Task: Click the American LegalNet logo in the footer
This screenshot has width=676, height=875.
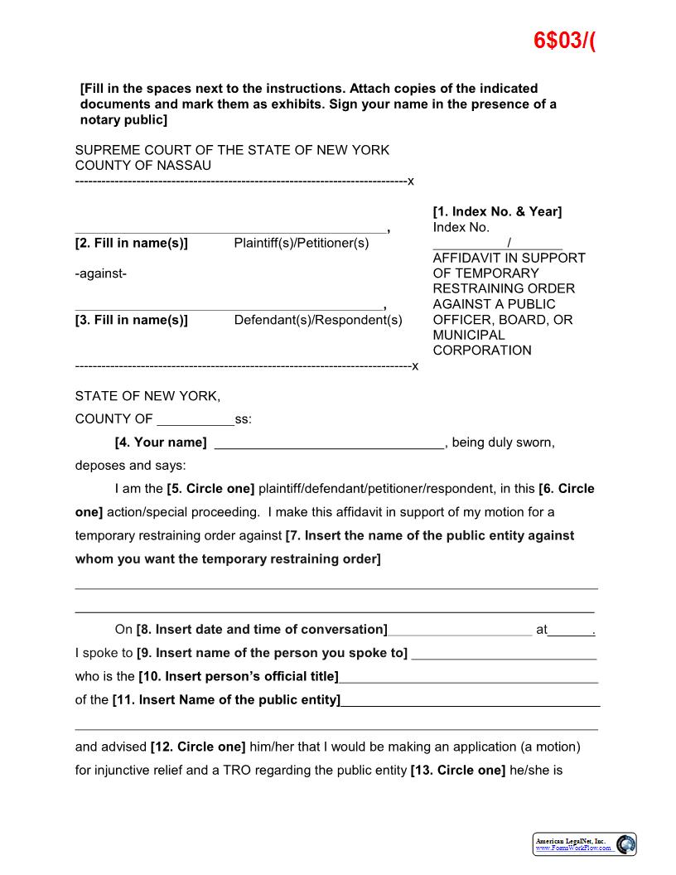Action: pos(584,844)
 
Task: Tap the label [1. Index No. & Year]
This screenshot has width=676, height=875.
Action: pos(497,212)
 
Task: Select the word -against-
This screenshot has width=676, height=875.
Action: pos(101,273)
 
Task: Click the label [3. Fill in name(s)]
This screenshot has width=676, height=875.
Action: pos(132,321)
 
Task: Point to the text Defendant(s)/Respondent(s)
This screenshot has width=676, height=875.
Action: pos(318,321)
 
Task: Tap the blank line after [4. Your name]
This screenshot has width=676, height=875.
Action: pos(329,444)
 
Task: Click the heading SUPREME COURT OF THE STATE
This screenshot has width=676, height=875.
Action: pos(232,150)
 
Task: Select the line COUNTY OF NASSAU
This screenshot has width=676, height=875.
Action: pos(143,166)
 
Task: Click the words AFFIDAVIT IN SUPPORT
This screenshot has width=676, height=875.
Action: pos(509,259)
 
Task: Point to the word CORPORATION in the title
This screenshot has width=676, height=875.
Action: pos(482,350)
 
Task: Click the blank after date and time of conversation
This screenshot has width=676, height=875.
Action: pos(460,631)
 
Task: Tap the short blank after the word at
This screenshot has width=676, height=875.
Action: pos(572,631)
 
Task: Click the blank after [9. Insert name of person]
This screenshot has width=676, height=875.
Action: pos(504,655)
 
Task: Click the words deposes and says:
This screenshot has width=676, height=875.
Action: pos(131,466)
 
